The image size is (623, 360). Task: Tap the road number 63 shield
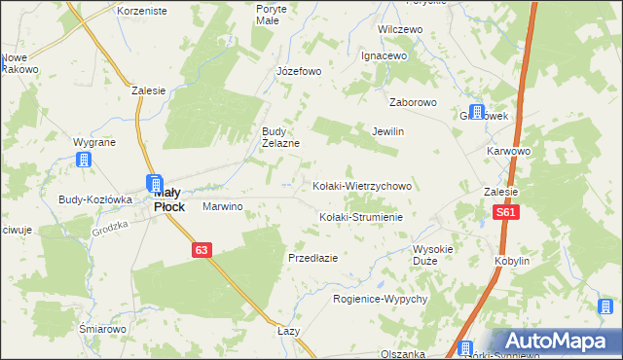[201, 250]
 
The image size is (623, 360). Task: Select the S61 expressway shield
[504, 211]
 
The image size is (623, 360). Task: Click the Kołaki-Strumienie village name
[361, 217]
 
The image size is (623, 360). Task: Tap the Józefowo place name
[299, 71]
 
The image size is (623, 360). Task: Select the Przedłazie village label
[312, 258]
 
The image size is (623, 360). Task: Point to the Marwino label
[222, 207]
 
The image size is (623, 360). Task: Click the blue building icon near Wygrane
[86, 160]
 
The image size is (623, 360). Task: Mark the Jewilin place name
[387, 131]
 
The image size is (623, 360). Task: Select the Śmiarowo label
[103, 329]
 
